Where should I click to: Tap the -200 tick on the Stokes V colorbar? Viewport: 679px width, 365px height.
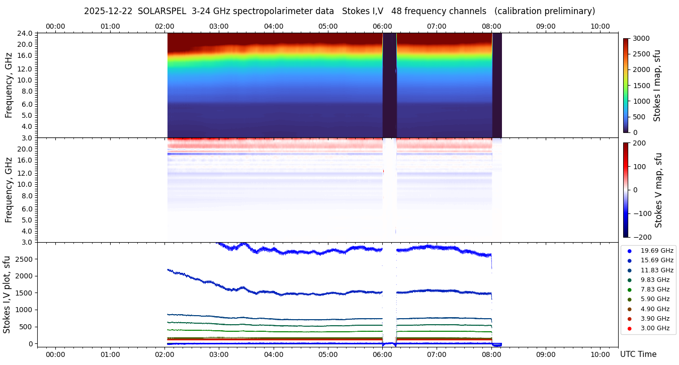point(642,237)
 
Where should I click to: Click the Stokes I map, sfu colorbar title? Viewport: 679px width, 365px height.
point(657,86)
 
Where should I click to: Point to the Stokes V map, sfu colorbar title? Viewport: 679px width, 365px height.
point(658,190)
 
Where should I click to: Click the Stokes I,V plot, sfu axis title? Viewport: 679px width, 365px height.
point(7,294)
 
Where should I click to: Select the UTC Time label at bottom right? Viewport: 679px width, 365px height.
point(638,354)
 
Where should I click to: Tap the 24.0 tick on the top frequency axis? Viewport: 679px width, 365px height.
point(26,33)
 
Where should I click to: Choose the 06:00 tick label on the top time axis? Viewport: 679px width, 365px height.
point(382,26)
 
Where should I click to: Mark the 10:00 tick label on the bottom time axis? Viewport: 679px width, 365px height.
point(600,354)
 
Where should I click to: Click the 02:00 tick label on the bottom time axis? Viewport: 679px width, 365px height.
point(164,354)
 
